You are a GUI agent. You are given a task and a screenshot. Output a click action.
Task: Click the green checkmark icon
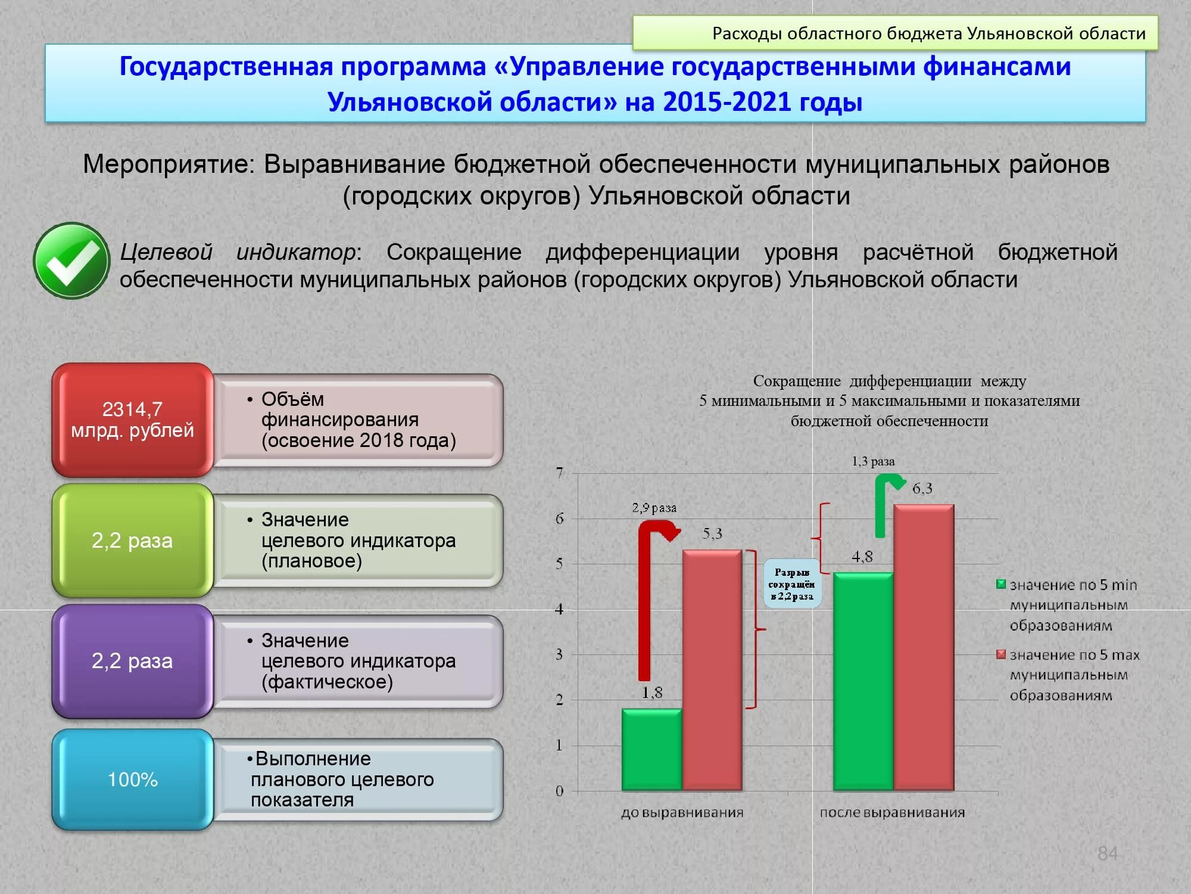[72, 260]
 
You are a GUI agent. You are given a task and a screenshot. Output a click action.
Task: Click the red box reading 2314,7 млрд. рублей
[132, 420]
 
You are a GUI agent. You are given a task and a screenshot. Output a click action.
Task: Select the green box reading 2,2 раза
[132, 541]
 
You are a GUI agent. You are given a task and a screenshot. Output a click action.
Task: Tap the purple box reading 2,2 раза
[132, 661]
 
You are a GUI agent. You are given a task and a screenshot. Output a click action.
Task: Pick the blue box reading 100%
[132, 780]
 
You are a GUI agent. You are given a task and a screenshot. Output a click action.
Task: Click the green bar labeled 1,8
[651, 750]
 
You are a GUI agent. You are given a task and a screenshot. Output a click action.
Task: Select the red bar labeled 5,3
[712, 670]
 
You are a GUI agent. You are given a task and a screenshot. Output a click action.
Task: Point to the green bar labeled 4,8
[863, 682]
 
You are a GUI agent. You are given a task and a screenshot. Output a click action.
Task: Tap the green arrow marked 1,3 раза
[881, 507]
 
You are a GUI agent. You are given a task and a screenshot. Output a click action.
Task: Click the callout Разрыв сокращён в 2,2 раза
[792, 583]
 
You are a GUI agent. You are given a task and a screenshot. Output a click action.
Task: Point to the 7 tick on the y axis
[559, 473]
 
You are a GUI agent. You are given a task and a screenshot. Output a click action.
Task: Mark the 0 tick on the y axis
[559, 791]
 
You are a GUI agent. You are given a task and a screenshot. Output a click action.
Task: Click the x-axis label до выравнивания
[682, 813]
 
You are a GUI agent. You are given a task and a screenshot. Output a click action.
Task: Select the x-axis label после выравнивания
[892, 813]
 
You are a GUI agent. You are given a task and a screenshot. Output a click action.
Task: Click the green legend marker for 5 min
[1002, 584]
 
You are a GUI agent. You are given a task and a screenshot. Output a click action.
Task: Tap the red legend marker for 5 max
[1002, 654]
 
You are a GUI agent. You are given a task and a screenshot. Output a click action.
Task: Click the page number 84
[1107, 853]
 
